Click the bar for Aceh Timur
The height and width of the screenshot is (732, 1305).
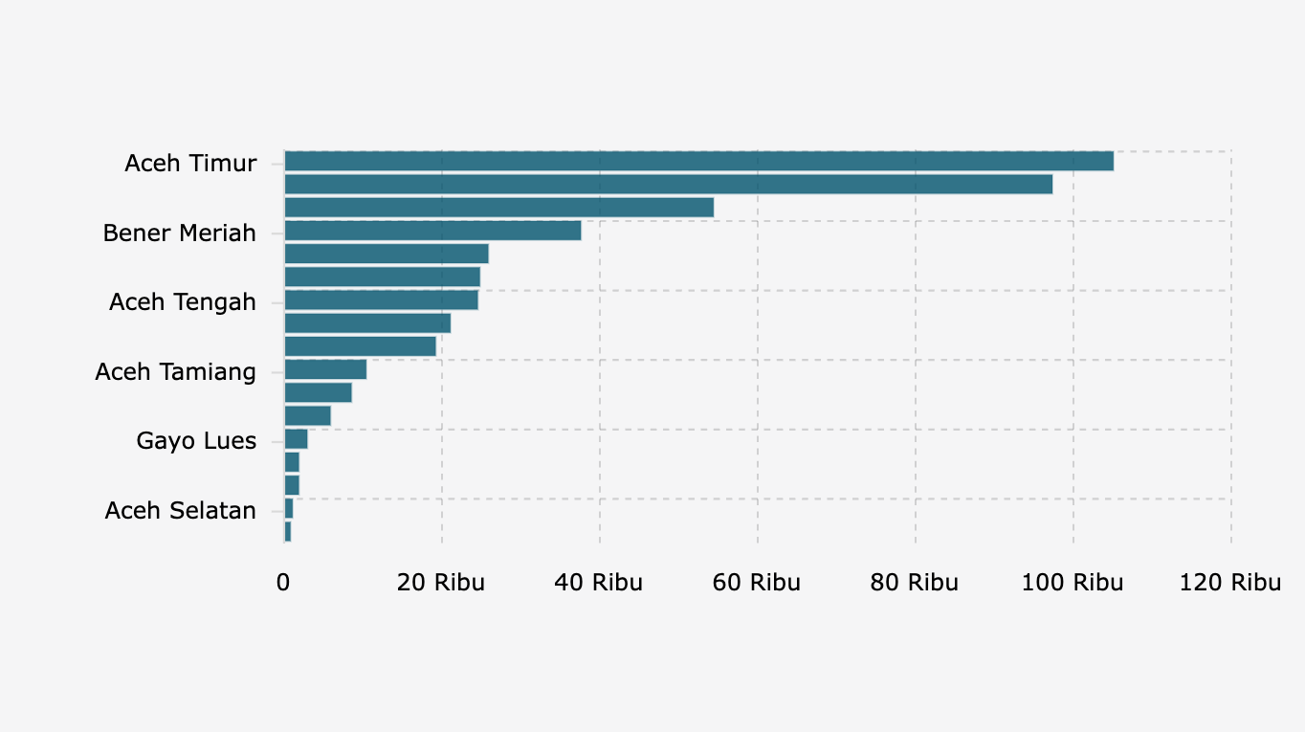(x=698, y=162)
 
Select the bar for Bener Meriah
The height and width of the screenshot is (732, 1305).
(x=432, y=231)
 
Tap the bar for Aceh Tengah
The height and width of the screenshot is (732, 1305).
(x=381, y=300)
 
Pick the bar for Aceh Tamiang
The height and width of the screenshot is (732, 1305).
(x=325, y=370)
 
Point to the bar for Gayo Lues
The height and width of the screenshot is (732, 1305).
(x=296, y=439)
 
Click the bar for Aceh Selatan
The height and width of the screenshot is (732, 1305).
(x=289, y=509)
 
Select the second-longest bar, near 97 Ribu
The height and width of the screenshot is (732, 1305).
(x=668, y=185)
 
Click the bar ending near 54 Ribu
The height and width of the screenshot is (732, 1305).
(x=498, y=208)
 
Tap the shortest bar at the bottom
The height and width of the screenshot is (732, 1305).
(x=288, y=532)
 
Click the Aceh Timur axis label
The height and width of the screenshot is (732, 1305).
(x=190, y=164)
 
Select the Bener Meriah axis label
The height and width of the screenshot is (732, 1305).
(x=180, y=233)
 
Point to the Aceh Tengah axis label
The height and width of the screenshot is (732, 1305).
(x=183, y=302)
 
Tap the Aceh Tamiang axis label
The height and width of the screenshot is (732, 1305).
(x=176, y=372)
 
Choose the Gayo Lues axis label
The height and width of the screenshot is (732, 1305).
(x=196, y=441)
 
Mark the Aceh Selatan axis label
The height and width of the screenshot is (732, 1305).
(x=181, y=511)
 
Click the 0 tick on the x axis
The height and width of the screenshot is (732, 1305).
(x=283, y=583)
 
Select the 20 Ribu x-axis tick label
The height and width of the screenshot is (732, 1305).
(x=441, y=583)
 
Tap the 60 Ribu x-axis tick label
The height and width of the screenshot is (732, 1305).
(x=757, y=583)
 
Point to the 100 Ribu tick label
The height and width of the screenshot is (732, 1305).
(x=1073, y=583)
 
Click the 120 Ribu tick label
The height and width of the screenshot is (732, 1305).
(x=1230, y=583)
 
